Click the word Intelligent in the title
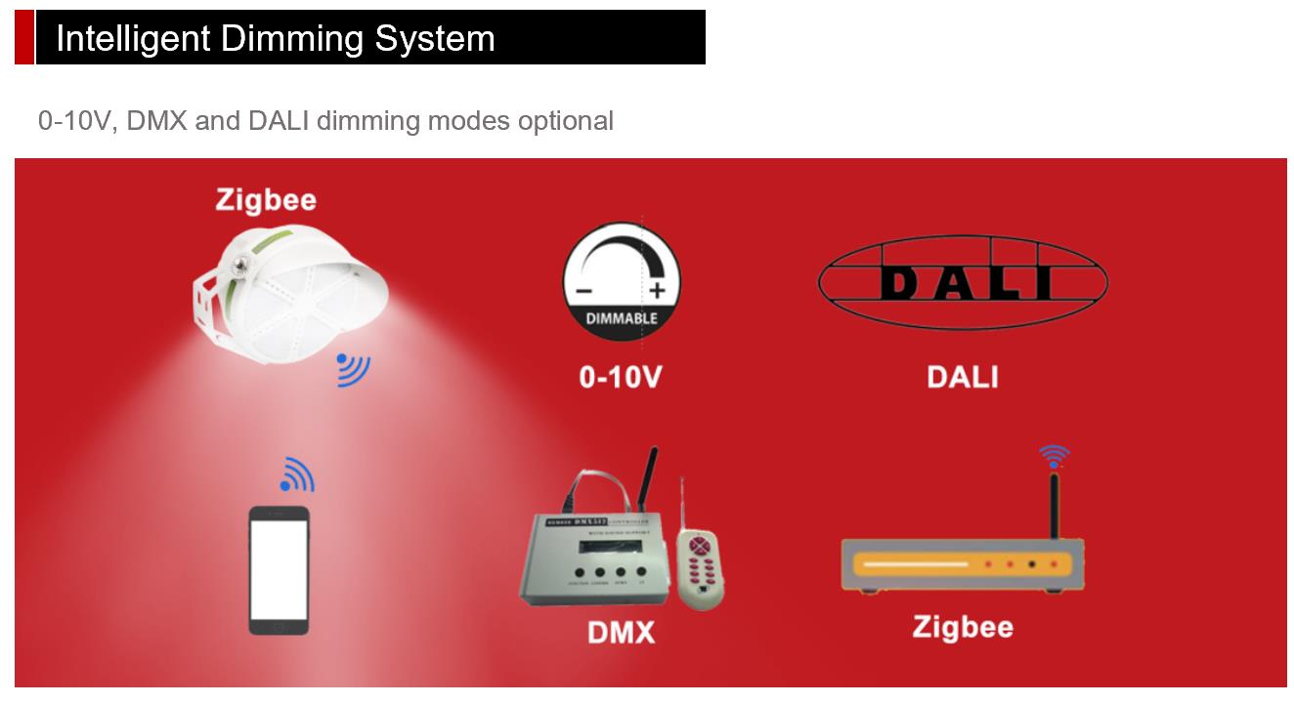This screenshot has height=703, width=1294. coord(133,39)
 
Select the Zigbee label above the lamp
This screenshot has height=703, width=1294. coord(266,200)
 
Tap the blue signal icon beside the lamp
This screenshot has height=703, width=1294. coord(353,368)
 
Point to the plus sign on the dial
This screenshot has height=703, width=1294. coord(657,290)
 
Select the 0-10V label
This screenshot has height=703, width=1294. coord(621,377)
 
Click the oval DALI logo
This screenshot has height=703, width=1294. coord(963,283)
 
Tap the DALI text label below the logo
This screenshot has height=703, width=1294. coord(963,377)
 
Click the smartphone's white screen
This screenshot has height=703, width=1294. coord(279,570)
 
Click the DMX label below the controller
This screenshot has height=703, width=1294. coord(622,633)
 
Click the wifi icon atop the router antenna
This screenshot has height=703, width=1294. coord(1054,456)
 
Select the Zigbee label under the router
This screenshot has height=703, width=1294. coord(963,627)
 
